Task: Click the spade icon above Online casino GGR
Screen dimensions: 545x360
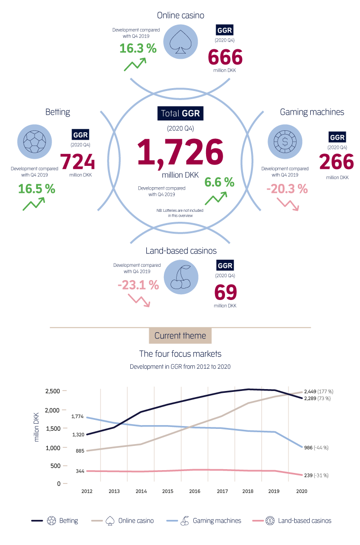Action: pyautogui.click(x=180, y=42)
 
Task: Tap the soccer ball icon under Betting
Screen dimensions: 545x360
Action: pyautogui.click(x=35, y=141)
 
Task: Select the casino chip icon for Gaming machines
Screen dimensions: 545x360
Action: pyautogui.click(x=285, y=141)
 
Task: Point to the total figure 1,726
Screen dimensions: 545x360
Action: pyautogui.click(x=180, y=152)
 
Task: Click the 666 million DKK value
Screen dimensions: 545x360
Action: pyautogui.click(x=225, y=58)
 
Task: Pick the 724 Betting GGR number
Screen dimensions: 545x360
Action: pyautogui.click(x=78, y=163)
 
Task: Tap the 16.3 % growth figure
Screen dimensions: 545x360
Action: pyautogui.click(x=138, y=48)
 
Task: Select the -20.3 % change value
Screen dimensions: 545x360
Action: pyautogui.click(x=287, y=189)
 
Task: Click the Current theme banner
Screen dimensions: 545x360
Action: pyautogui.click(x=180, y=336)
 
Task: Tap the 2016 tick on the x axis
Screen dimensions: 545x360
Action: pyautogui.click(x=195, y=491)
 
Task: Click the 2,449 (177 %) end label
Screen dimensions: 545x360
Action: pyautogui.click(x=317, y=391)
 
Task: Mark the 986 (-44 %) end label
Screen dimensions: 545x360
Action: pyautogui.click(x=316, y=447)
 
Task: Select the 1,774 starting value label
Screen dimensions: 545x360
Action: pyautogui.click(x=77, y=416)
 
